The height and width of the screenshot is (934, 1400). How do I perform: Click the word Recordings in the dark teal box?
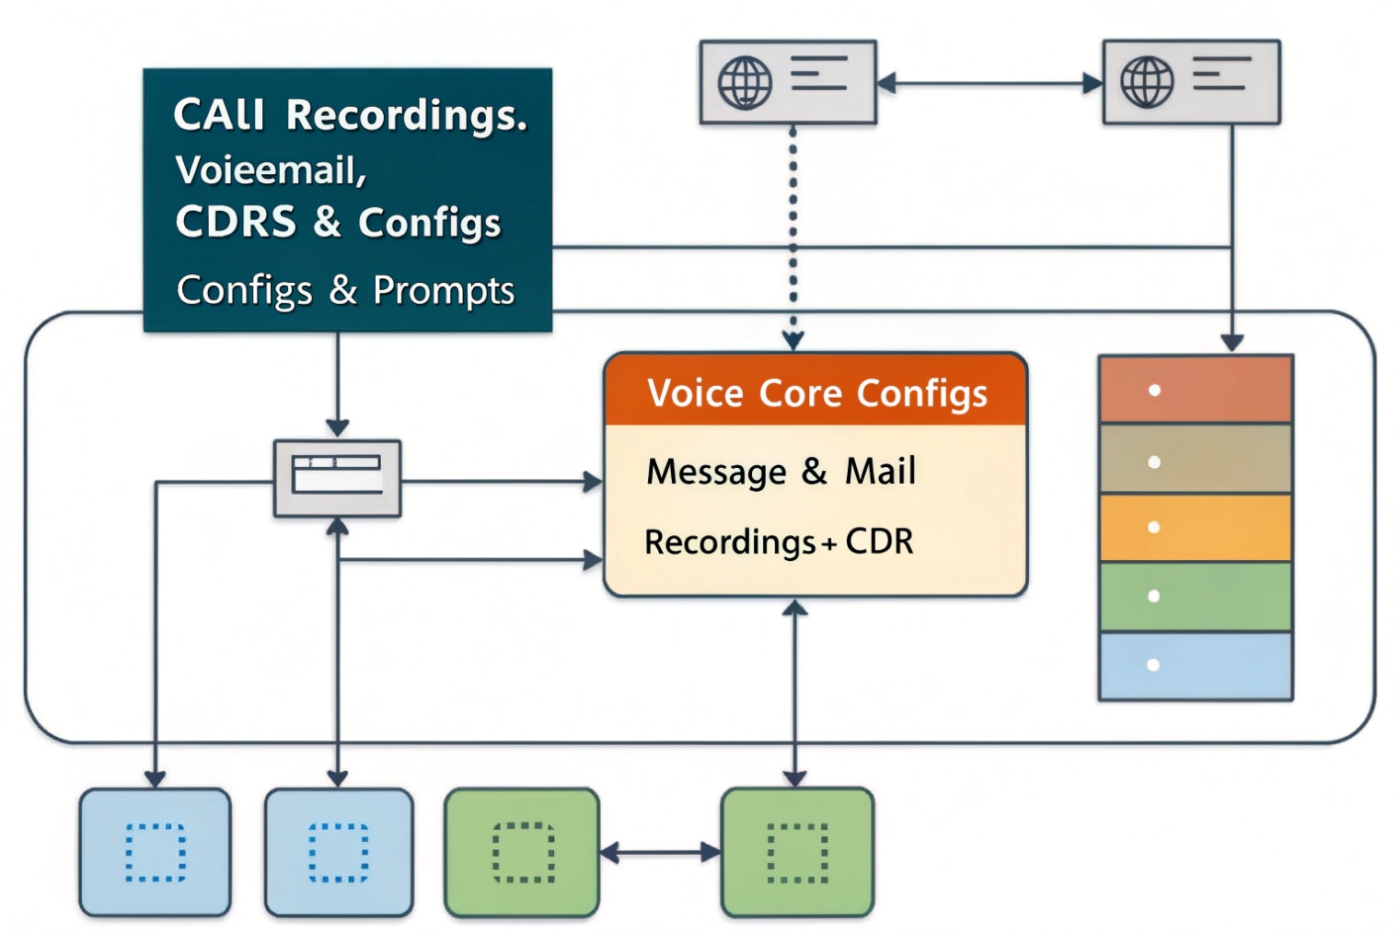tap(406, 116)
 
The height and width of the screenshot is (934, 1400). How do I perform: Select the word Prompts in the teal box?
tap(443, 290)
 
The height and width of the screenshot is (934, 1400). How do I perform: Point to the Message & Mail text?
tap(781, 472)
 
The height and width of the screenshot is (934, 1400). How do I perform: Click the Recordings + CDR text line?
tap(779, 542)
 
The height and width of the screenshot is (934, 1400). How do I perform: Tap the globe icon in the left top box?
tap(745, 83)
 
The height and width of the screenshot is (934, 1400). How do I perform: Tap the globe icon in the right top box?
tap(1147, 82)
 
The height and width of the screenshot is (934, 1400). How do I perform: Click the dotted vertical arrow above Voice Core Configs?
tap(793, 230)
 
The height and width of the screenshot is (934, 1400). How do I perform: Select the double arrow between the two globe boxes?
tap(989, 84)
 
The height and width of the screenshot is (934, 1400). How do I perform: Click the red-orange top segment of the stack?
tap(1196, 390)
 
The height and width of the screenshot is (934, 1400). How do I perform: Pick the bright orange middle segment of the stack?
tap(1196, 528)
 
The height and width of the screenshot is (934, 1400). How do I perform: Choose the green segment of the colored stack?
tap(1196, 597)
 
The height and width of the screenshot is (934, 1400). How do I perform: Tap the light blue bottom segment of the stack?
tap(1196, 666)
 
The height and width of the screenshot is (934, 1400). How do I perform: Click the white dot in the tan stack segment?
tap(1154, 462)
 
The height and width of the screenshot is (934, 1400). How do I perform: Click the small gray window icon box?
tap(337, 478)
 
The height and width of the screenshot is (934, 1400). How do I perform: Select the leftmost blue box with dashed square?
tap(155, 852)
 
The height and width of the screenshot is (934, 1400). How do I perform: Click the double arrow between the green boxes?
tap(660, 853)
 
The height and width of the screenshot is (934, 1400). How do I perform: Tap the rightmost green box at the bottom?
tap(797, 852)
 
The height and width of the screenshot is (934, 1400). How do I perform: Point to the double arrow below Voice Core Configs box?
tap(795, 691)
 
